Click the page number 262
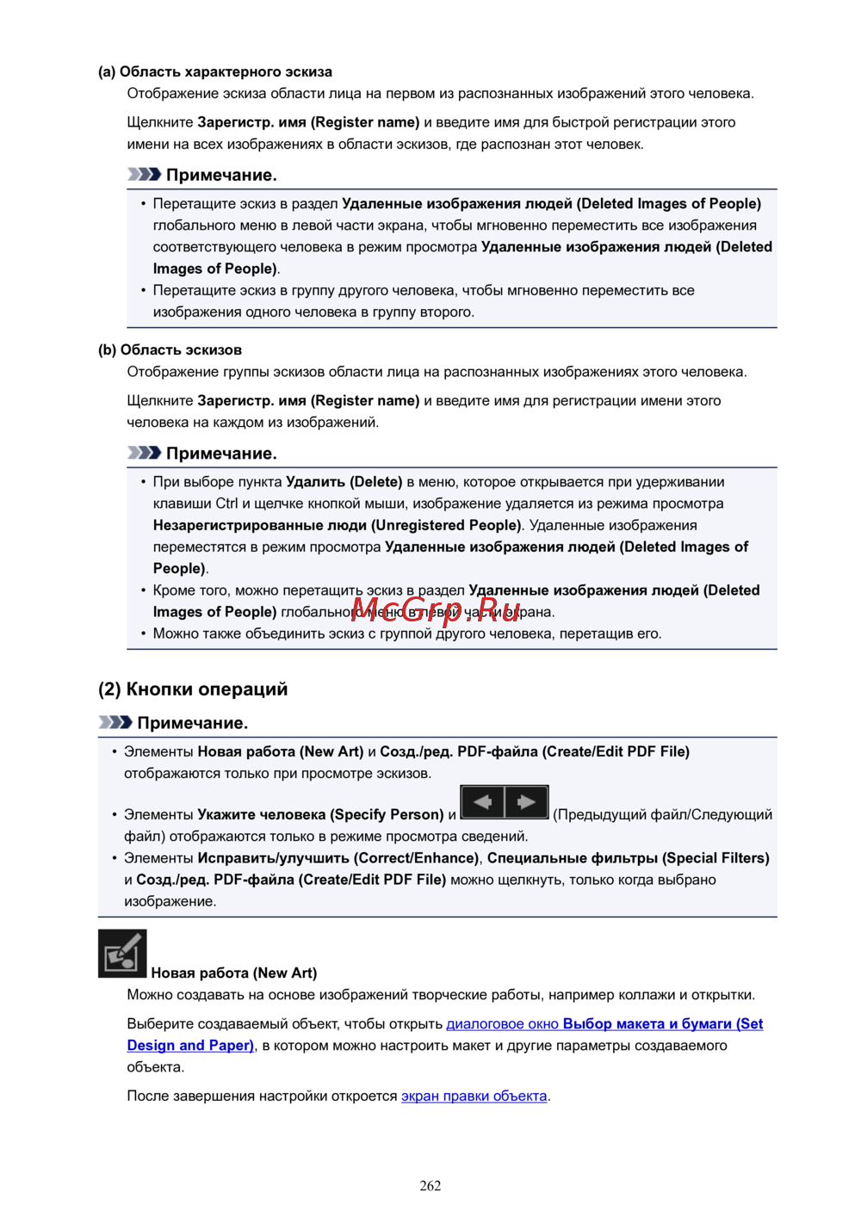coord(430,1185)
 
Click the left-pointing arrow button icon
coord(483,802)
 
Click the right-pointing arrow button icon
coord(526,802)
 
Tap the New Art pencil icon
coord(122,954)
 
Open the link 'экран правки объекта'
coord(474,1096)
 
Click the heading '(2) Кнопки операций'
coord(193,689)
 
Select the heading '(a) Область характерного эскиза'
coord(215,71)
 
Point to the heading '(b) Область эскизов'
coord(170,349)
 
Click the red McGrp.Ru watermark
coord(437,609)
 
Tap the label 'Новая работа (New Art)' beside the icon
coord(234,973)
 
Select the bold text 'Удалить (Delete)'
coord(344,482)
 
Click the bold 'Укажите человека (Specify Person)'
coord(320,814)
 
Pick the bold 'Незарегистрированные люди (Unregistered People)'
coord(338,525)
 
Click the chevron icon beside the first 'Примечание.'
coord(144,175)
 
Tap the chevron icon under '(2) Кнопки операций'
coord(115,722)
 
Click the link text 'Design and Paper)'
coord(190,1045)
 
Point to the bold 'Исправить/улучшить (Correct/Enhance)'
coord(338,858)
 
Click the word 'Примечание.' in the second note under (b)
coord(221,454)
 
